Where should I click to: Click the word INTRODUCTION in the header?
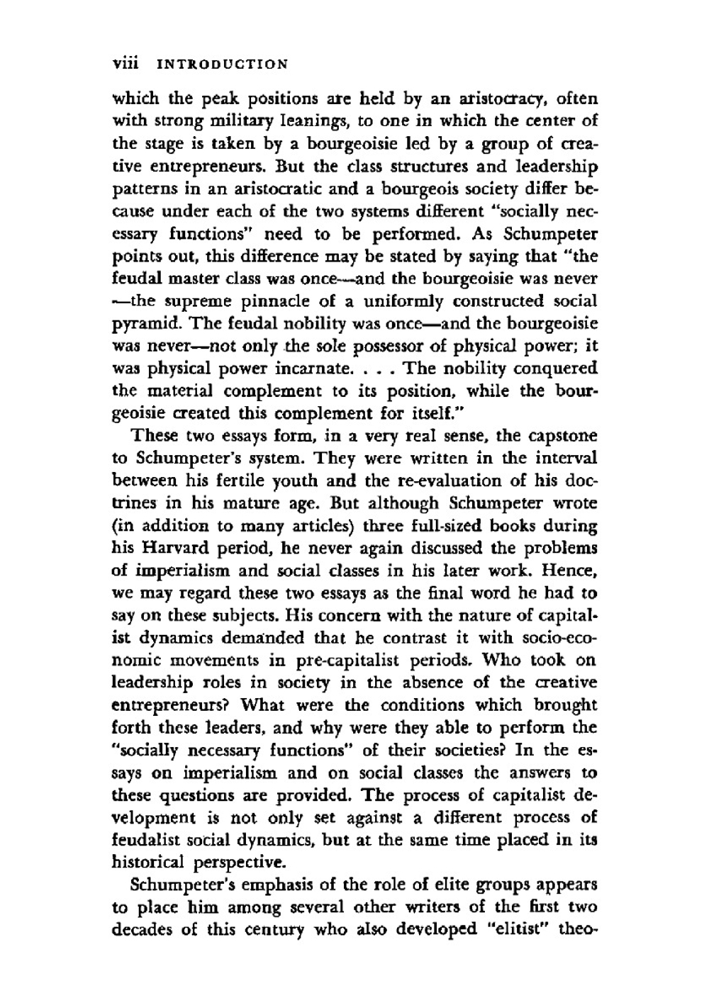[x=222, y=64]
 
